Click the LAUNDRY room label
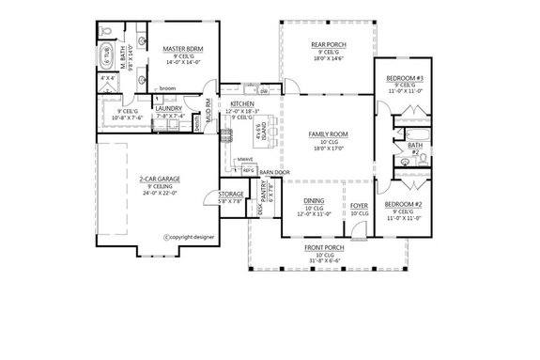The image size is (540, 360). (170, 108)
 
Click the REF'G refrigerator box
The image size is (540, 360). (248, 170)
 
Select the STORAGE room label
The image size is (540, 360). (232, 196)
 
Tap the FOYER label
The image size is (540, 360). (359, 205)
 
